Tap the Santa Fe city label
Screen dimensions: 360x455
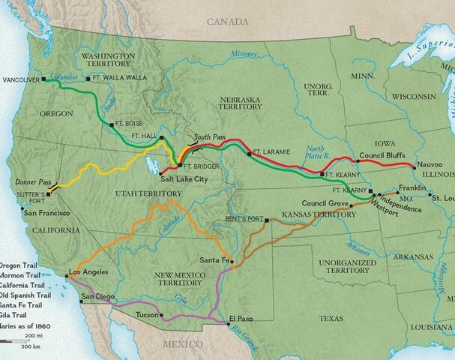[x=214, y=259]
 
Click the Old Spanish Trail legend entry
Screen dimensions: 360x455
[x=27, y=295]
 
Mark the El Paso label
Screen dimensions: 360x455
[x=241, y=319]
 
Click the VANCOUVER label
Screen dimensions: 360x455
[x=21, y=79]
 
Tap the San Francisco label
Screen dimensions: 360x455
[x=51, y=214]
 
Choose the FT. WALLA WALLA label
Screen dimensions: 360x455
[x=119, y=77]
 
